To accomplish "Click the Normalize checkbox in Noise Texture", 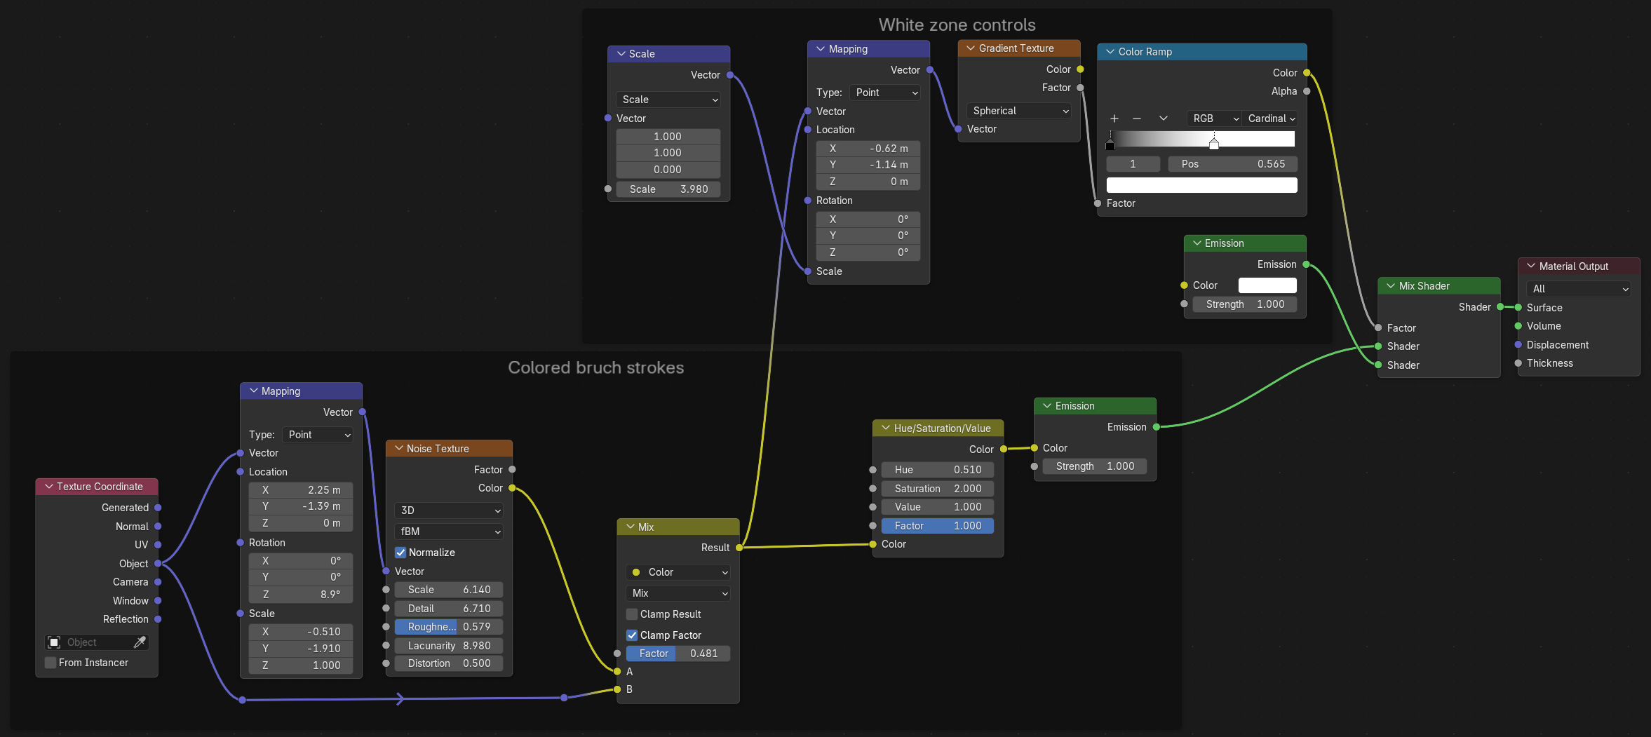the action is click(400, 553).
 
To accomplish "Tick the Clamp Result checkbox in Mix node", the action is click(632, 614).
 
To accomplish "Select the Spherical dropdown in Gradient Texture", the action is click(1018, 111).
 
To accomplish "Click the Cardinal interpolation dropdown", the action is click(1270, 119).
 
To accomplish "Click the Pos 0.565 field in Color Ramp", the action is click(1232, 164).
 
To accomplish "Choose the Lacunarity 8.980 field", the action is click(449, 646).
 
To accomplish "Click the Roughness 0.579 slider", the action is click(449, 627).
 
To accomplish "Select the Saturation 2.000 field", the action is click(938, 489).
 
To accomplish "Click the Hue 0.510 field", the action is click(938, 470).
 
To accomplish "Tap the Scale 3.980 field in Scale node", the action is click(668, 189).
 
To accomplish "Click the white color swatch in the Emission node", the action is click(1267, 285).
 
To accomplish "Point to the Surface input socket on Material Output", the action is click(1518, 308).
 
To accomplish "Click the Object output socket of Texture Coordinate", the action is click(158, 564).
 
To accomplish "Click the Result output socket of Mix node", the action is click(739, 548).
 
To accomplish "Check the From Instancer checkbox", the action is click(50, 663).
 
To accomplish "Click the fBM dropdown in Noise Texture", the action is click(449, 532).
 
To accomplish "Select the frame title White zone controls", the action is click(957, 25).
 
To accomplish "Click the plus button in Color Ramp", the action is click(1114, 119).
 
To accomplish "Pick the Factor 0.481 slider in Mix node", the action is click(678, 654).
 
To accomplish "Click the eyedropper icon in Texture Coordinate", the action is click(140, 642).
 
